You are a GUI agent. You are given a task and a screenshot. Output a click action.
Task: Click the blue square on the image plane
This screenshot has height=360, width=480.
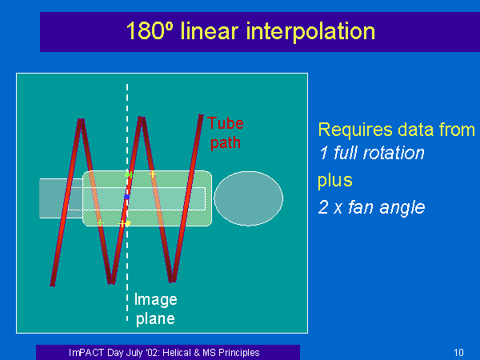126,197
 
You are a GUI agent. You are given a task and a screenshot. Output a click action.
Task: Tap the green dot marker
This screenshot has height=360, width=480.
126,174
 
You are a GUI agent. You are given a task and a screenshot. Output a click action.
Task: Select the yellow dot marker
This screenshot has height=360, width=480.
128,223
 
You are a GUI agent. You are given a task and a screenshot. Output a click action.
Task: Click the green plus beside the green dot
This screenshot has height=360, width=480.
131,174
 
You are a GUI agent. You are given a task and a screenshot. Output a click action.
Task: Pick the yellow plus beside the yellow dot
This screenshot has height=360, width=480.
122,224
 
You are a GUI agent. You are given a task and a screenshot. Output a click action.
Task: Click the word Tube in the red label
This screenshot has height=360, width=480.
226,123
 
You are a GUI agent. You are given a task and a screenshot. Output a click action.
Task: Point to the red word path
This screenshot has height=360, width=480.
226,143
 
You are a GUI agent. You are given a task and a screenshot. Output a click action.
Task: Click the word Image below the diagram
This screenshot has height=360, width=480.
155,300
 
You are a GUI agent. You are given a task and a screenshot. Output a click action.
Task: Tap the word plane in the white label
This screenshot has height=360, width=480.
155,318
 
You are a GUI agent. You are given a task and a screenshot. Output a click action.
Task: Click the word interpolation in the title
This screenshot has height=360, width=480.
310,31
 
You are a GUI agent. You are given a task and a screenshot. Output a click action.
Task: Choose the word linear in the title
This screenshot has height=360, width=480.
210,31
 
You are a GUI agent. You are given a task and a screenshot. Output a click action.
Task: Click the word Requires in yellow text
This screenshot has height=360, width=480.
354,130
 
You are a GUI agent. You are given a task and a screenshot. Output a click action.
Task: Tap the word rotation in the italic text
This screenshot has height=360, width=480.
394,153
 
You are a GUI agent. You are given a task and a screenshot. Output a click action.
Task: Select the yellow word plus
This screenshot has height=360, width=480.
335,180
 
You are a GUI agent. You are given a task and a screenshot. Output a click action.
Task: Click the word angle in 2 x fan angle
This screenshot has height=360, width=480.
402,208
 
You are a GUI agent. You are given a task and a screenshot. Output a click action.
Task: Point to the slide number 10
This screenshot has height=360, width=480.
458,353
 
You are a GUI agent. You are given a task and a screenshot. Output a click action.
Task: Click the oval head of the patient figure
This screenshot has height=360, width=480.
248,198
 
